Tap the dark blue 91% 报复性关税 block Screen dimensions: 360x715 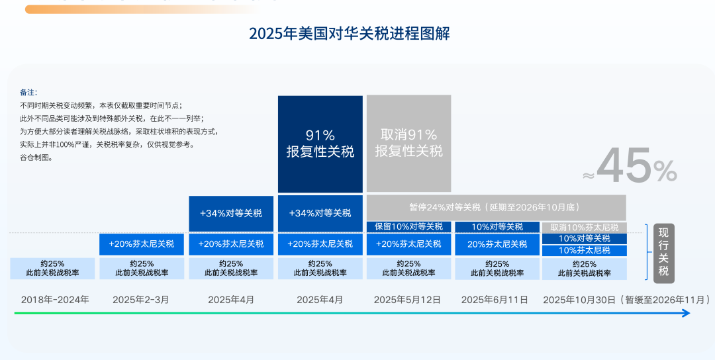coord(320,144)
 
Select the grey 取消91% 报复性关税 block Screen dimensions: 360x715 coord(408,144)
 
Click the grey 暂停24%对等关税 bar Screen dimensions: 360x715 coord(496,207)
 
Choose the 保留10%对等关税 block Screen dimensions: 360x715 coord(408,227)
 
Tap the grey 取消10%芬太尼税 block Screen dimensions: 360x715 coord(585,227)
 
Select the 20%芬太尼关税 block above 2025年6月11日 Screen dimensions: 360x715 coord(497,244)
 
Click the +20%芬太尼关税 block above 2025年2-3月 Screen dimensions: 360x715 coord(142,244)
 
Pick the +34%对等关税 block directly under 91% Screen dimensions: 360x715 coord(320,213)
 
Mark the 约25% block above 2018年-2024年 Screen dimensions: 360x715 coord(52,268)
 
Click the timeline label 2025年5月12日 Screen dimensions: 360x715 coord(407,300)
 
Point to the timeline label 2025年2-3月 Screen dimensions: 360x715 coord(141,300)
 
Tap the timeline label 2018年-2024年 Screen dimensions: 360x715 coord(55,300)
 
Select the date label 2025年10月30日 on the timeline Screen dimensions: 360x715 coord(579,300)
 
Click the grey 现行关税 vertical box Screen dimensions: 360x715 coord(663,253)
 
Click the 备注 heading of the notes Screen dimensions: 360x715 coord(28,92)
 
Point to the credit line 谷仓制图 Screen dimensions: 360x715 coord(36,157)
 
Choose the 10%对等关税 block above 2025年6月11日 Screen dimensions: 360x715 coord(497,227)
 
